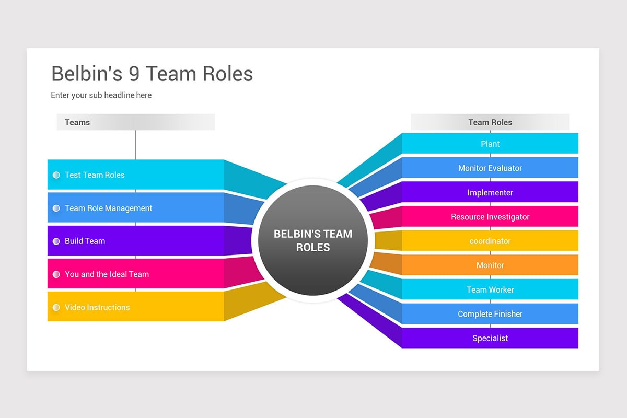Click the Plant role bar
click(x=490, y=144)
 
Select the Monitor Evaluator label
click(x=490, y=168)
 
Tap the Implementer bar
click(x=490, y=192)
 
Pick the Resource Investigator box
click(x=490, y=217)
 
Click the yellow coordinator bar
click(x=490, y=241)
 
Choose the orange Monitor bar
click(x=490, y=265)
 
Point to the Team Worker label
click(x=490, y=289)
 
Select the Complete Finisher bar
click(x=490, y=314)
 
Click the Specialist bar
click(x=490, y=338)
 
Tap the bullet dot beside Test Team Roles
click(x=56, y=175)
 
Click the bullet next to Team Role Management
click(x=56, y=208)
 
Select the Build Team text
click(x=85, y=241)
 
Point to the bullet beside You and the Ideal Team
click(x=56, y=274)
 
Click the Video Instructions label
click(x=97, y=307)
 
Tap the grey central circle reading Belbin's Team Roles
click(x=312, y=241)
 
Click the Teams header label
click(x=77, y=122)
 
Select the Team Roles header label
click(x=490, y=122)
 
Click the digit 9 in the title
click(x=134, y=74)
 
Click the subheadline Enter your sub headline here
click(x=101, y=95)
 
